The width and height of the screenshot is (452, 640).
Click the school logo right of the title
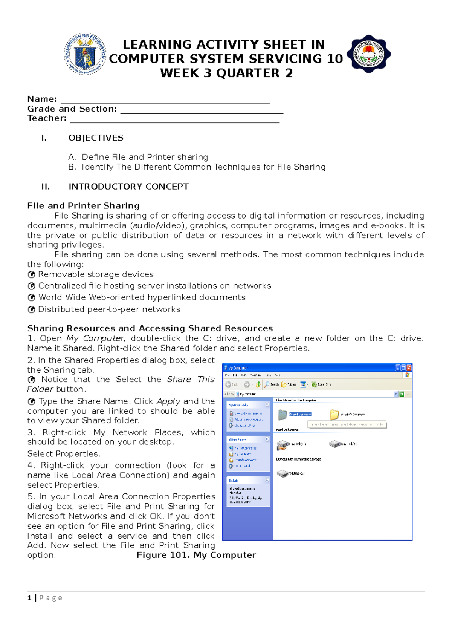pos(368,54)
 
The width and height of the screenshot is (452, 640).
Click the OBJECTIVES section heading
pos(96,138)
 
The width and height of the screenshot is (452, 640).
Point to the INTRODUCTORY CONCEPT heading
pos(128,187)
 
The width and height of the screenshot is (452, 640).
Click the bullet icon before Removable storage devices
pos(32,275)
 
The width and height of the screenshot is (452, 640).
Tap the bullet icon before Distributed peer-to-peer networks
pos(32,310)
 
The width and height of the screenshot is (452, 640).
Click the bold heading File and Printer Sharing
pos(83,206)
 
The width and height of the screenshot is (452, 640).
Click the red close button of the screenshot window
pos(409,367)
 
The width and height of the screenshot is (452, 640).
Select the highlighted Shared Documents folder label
pos(300,414)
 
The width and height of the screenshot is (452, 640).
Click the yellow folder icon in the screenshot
pos(334,415)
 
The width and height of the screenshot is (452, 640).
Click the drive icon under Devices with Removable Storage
pos(282,473)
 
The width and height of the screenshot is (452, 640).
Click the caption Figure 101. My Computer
pos(196,555)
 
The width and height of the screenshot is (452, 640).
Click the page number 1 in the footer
pos(29,598)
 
